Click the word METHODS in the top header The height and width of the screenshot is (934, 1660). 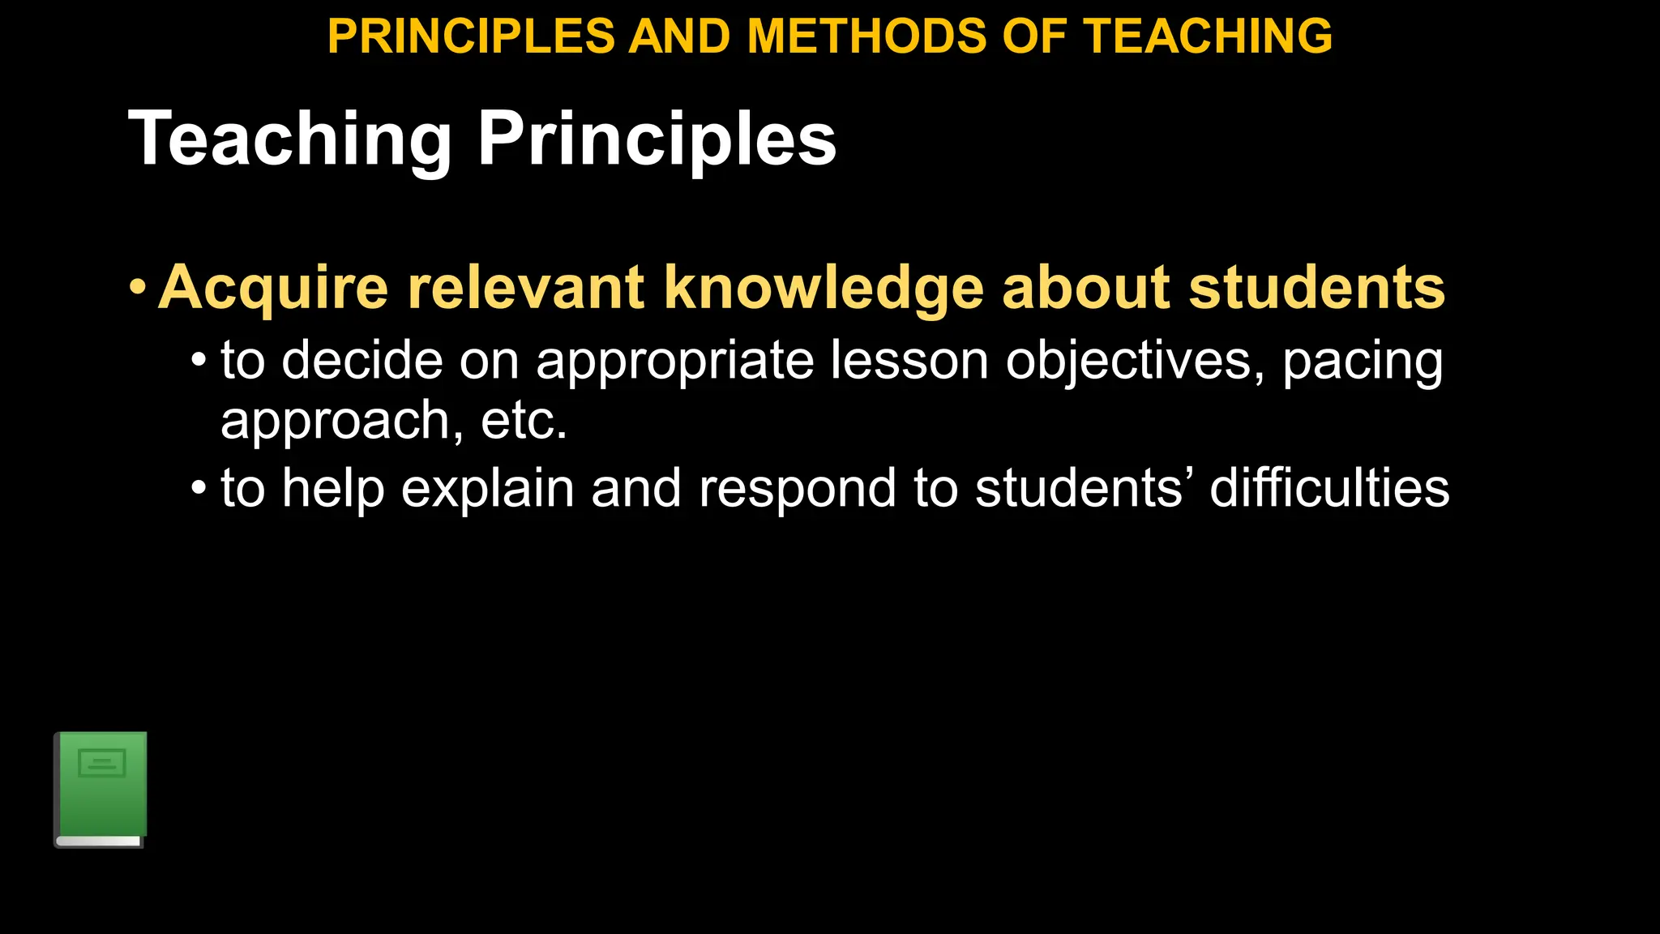(x=866, y=36)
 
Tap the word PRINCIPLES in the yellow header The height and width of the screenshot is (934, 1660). (x=471, y=36)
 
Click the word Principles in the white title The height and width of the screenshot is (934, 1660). (x=657, y=139)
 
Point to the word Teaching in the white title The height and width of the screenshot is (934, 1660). (x=289, y=139)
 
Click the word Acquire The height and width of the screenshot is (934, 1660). (x=273, y=288)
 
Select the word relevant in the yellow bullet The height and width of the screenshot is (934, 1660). (x=525, y=288)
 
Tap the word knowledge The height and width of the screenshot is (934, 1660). (x=824, y=288)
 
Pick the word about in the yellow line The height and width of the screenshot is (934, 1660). (x=1086, y=288)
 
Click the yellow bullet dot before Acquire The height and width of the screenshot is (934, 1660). (x=138, y=287)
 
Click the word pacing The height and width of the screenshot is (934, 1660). (x=1362, y=362)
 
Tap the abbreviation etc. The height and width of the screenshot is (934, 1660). (x=524, y=421)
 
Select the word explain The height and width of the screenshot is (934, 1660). (x=487, y=489)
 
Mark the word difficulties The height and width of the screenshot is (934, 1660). (x=1329, y=489)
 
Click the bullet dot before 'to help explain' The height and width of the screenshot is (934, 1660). (x=199, y=489)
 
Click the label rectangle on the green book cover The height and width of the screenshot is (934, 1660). (x=102, y=763)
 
